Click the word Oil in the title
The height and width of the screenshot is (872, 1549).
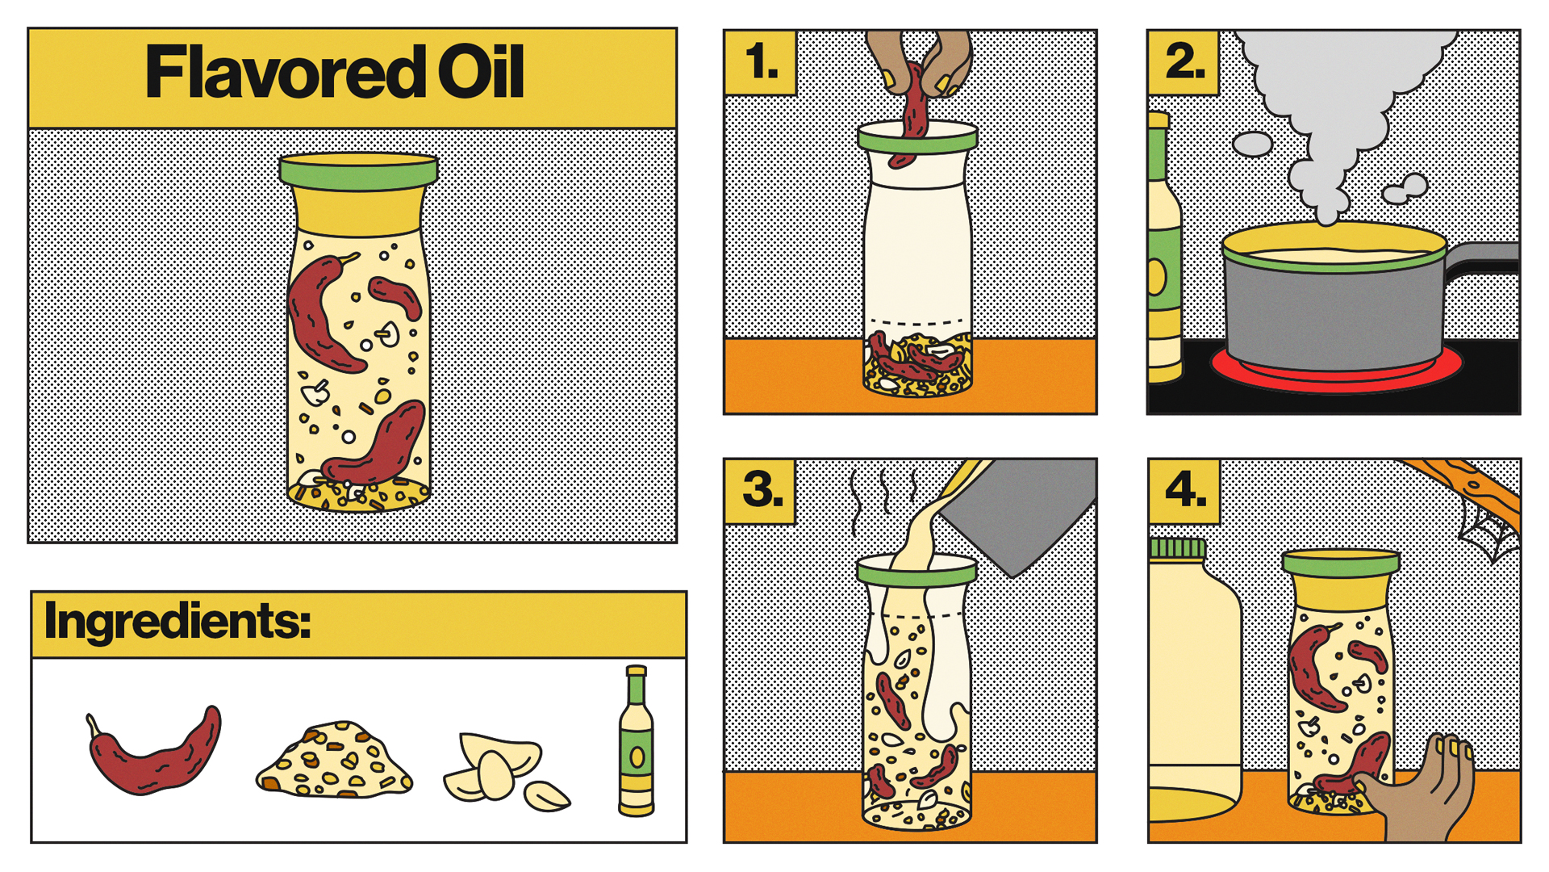coord(481,72)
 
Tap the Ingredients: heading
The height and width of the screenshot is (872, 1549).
coord(177,622)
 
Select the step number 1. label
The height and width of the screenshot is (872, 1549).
coord(762,63)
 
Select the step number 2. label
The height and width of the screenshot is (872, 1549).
coord(1184,62)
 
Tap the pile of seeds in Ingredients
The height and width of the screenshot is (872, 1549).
coord(335,761)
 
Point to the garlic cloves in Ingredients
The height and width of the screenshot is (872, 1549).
coord(504,771)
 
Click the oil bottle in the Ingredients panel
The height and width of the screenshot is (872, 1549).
coord(637,741)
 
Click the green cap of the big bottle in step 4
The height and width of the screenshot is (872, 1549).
coord(1177,548)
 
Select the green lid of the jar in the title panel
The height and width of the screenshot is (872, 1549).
coord(359,172)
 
